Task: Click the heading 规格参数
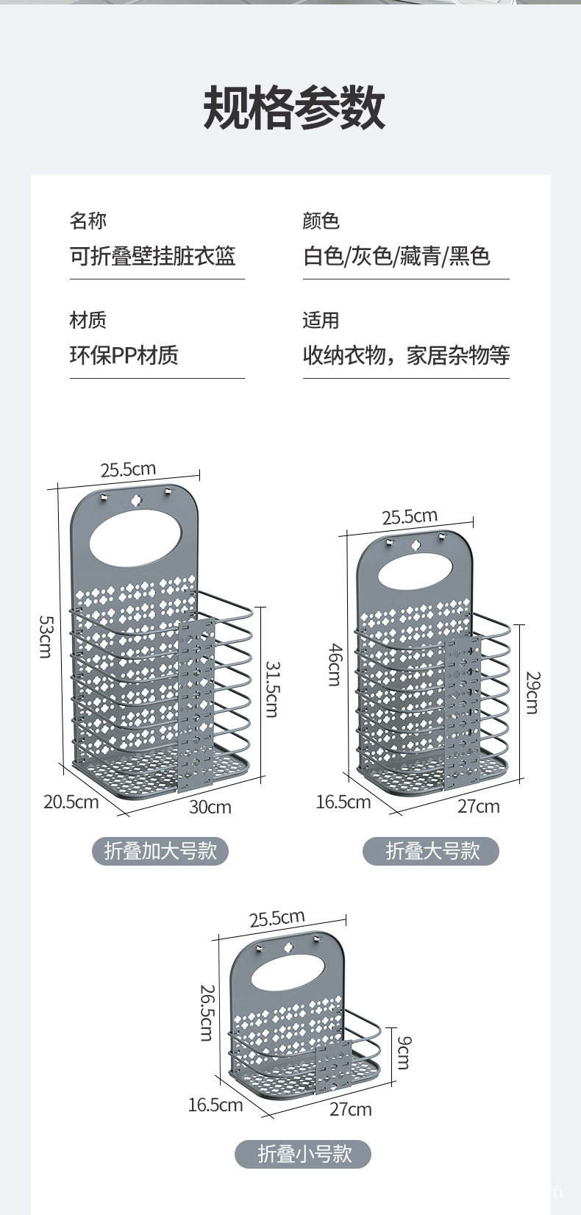[293, 107]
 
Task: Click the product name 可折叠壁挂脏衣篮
[152, 256]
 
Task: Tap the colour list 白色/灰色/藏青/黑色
[396, 256]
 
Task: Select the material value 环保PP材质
[124, 355]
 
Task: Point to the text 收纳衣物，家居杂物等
[406, 355]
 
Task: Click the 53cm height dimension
[46, 636]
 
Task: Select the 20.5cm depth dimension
[71, 801]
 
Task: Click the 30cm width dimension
[210, 807]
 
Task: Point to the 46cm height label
[334, 664]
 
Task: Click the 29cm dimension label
[532, 692]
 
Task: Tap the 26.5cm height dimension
[207, 1013]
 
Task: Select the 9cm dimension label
[403, 1052]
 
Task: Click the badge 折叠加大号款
[160, 851]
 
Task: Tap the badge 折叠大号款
[432, 851]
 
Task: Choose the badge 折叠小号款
[303, 1153]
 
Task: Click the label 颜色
[321, 221]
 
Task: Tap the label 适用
[321, 320]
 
